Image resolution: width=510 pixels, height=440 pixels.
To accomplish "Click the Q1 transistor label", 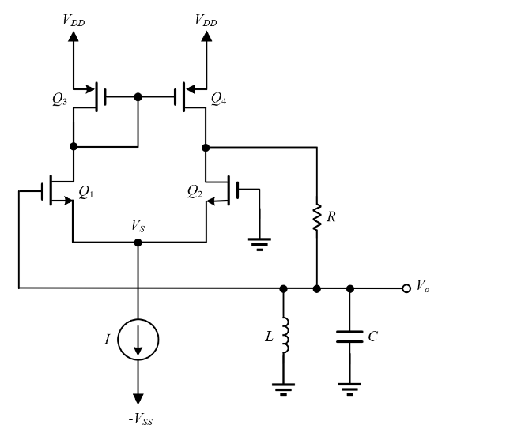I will [87, 191].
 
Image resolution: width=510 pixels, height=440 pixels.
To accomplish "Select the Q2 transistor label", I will [196, 191].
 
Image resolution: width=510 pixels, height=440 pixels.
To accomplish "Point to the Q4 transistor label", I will [219, 99].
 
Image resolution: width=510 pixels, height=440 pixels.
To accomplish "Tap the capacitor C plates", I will [350, 337].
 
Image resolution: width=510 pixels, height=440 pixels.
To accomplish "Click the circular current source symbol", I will [138, 339].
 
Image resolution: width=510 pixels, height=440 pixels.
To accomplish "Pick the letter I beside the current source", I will [108, 339].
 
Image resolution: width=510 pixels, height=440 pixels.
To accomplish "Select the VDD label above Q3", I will [74, 20].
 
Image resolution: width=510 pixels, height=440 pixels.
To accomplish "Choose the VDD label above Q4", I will [206, 20].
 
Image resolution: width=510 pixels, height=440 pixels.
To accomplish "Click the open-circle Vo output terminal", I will [406, 288].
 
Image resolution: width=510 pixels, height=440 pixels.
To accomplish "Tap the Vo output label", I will [424, 288].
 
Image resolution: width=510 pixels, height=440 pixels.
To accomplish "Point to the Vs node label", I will [138, 226].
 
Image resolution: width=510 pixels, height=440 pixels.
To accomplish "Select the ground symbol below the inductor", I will [284, 387].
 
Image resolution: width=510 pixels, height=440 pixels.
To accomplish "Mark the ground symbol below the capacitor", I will [350, 387].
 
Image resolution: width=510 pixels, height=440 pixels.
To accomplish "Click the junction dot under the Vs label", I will [138, 243].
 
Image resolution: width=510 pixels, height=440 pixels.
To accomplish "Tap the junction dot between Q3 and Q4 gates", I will [138, 97].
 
